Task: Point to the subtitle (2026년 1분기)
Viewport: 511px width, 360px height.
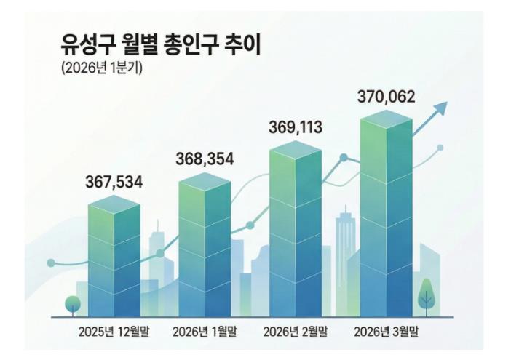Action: click(100, 70)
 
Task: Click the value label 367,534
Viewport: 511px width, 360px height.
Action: click(114, 180)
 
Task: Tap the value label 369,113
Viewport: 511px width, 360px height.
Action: click(296, 127)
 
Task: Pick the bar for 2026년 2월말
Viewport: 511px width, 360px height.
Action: click(296, 229)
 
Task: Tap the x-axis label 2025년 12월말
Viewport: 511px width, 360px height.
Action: click(114, 332)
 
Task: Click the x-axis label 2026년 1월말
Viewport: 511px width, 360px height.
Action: click(205, 332)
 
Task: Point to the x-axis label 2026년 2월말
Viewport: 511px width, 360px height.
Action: click(296, 332)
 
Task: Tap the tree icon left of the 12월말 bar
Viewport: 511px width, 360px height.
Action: click(73, 304)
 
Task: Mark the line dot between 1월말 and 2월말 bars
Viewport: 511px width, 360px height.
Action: click(250, 225)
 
